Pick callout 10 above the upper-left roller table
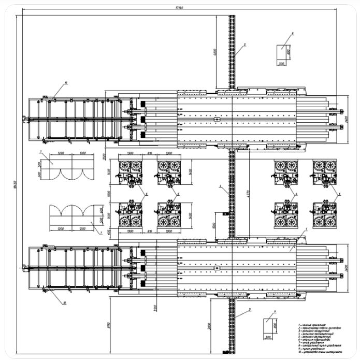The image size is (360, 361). point(66,82)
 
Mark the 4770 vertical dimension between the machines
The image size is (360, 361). point(248,193)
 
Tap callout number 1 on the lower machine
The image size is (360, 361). point(306,228)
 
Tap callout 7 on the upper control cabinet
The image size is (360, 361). point(40,152)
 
